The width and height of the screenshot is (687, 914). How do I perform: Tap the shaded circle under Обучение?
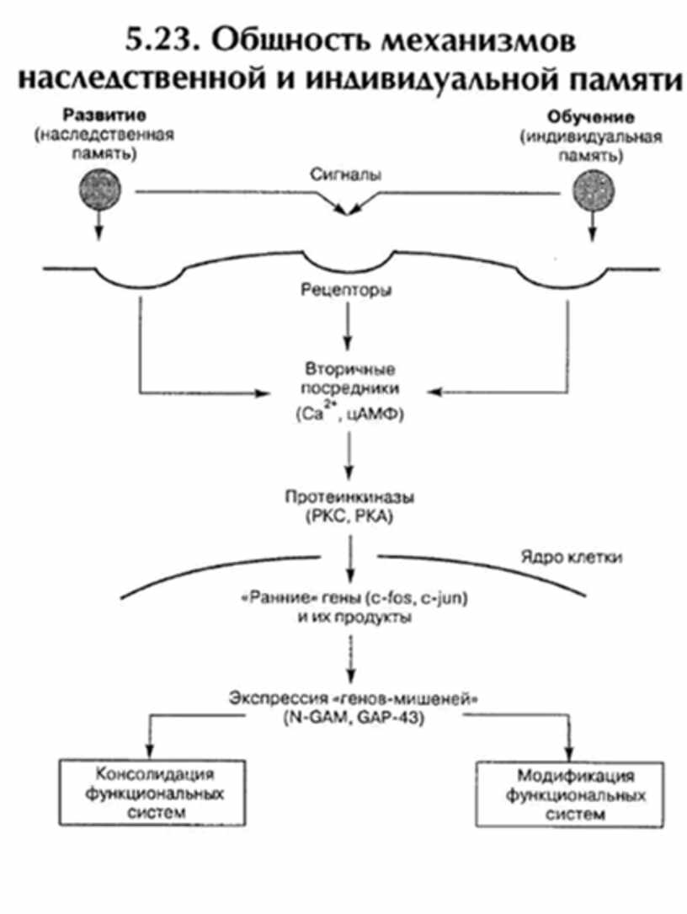pos(592,190)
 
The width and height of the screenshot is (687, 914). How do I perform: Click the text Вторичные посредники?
pos(345,380)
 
